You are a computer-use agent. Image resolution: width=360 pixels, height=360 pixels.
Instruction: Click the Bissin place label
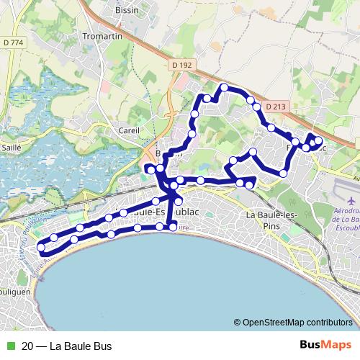[126, 10]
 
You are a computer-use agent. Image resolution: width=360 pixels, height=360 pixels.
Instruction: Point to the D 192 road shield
[183, 65]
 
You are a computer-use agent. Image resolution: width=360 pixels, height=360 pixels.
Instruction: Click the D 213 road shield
[274, 107]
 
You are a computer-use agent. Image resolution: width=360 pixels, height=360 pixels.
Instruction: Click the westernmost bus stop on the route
[40, 248]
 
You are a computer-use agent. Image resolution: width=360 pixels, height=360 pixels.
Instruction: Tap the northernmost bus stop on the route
[224, 88]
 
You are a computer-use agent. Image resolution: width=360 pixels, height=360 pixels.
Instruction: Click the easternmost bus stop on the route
[318, 140]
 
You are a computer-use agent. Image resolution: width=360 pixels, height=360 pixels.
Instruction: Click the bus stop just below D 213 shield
[271, 127]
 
